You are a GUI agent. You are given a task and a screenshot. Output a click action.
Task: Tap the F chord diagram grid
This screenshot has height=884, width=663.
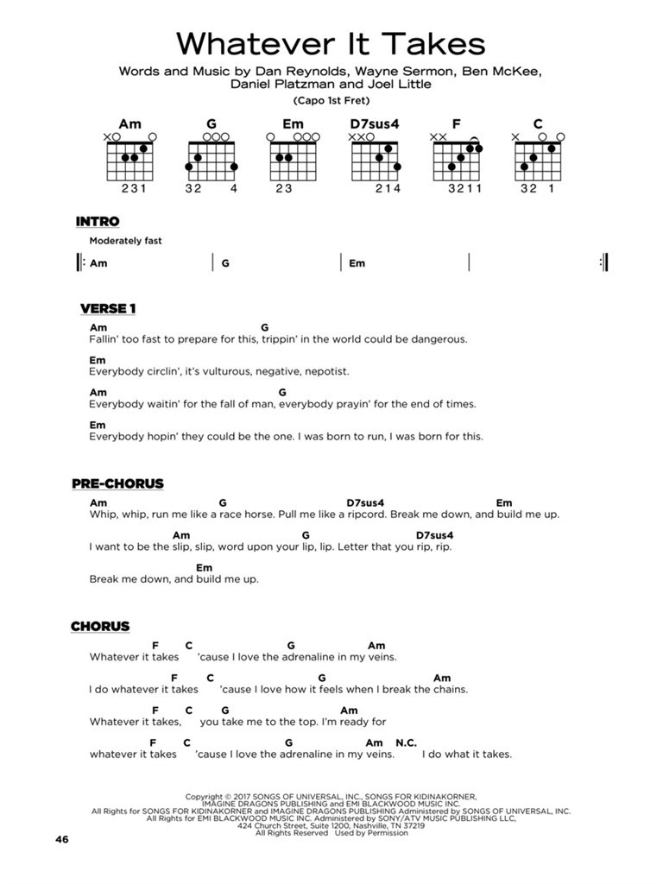click(x=457, y=158)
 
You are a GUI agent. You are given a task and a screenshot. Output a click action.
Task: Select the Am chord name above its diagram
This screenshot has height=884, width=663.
click(x=129, y=124)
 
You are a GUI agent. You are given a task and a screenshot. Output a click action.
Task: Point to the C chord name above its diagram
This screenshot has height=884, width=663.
click(x=538, y=124)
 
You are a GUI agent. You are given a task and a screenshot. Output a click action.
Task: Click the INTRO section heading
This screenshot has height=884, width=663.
click(x=98, y=222)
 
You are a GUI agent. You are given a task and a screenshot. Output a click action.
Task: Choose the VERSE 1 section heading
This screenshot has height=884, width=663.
click(x=108, y=309)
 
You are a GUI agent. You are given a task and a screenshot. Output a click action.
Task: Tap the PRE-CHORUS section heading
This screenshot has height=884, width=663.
click(x=117, y=484)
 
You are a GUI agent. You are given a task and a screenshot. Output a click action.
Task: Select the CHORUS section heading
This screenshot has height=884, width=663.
click(x=100, y=626)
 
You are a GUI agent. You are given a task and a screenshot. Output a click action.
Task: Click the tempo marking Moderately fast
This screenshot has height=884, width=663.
click(x=125, y=242)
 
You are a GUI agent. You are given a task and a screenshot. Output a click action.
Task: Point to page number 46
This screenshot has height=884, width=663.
click(x=60, y=840)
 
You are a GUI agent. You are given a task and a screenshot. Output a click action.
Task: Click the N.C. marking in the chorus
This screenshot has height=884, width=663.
click(x=406, y=742)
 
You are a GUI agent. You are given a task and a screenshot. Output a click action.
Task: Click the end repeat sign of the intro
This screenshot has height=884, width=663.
click(x=603, y=263)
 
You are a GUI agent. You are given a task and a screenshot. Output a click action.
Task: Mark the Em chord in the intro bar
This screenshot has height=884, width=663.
click(x=357, y=264)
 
